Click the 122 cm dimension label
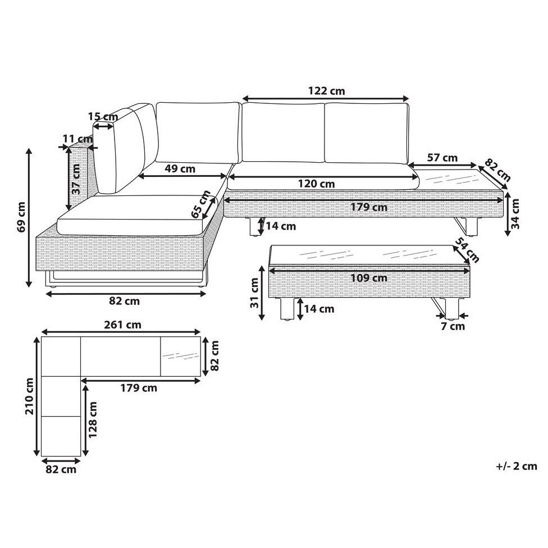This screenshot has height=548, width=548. tap(326, 91)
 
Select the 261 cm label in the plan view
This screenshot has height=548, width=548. tap(122, 325)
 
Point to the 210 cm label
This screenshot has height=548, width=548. tap(29, 396)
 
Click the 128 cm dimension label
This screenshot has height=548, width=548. tap(93, 420)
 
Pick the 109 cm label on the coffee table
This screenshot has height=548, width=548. tap(369, 278)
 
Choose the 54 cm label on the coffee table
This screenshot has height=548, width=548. tap(468, 250)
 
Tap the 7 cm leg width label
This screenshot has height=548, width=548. tap(453, 326)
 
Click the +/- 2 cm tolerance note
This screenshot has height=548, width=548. tap(516, 466)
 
